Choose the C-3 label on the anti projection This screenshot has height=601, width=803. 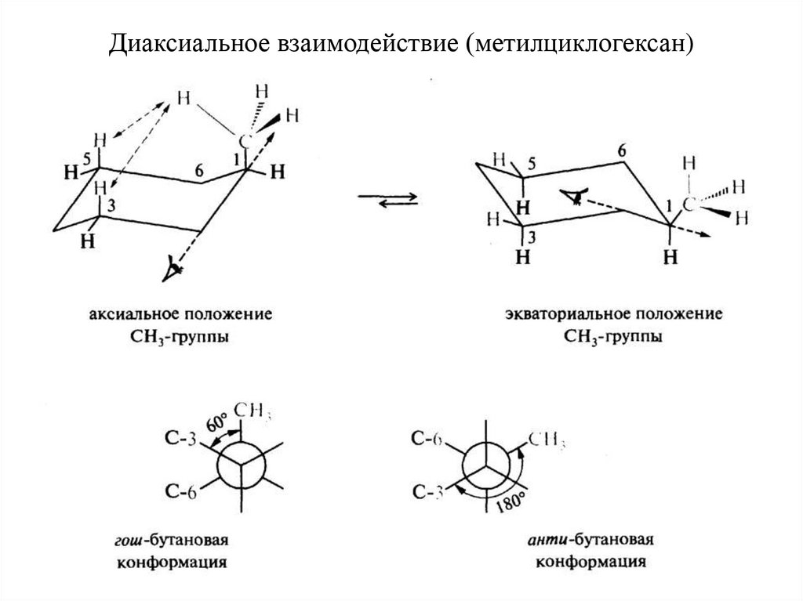click(x=430, y=491)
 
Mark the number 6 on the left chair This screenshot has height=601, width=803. click(x=200, y=170)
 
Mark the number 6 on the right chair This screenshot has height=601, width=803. click(x=623, y=150)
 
